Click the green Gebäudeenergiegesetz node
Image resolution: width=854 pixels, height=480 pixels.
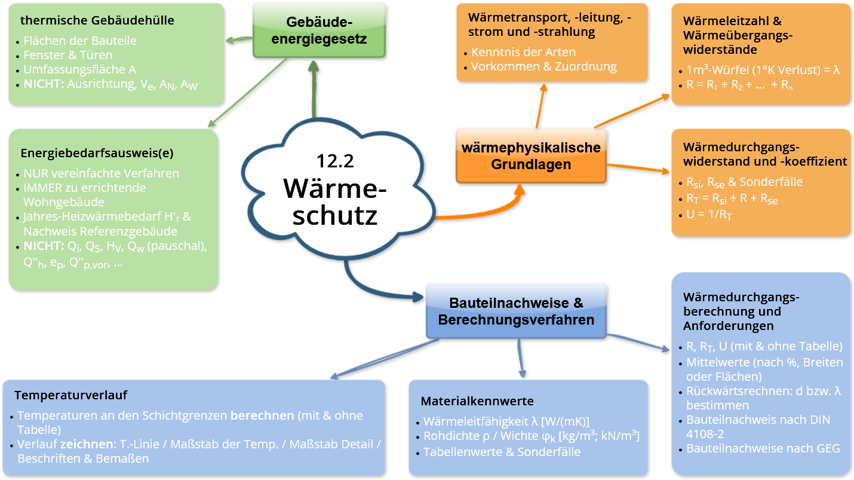[318, 30]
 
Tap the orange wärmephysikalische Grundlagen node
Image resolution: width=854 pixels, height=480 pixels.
[531, 156]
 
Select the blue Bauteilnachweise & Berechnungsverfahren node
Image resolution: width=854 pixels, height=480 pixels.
[516, 311]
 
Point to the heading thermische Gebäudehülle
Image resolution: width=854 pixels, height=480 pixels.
[97, 20]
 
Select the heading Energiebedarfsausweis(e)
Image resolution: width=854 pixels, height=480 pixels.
[97, 152]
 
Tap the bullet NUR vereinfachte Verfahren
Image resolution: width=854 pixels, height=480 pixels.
[101, 173]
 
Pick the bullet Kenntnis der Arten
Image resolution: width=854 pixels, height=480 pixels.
[523, 52]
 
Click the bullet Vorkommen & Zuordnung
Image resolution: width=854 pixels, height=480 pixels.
[543, 66]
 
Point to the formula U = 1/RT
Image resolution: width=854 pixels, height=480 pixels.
[708, 215]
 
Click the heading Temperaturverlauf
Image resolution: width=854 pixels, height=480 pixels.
[70, 395]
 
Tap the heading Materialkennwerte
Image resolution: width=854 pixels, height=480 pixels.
[477, 400]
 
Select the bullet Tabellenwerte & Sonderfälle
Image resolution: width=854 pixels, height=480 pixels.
[502, 451]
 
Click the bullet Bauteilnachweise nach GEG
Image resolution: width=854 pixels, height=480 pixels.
[763, 448]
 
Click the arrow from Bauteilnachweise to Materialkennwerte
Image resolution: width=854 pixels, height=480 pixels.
[520, 358]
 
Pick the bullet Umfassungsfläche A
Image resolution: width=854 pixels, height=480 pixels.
[79, 70]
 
